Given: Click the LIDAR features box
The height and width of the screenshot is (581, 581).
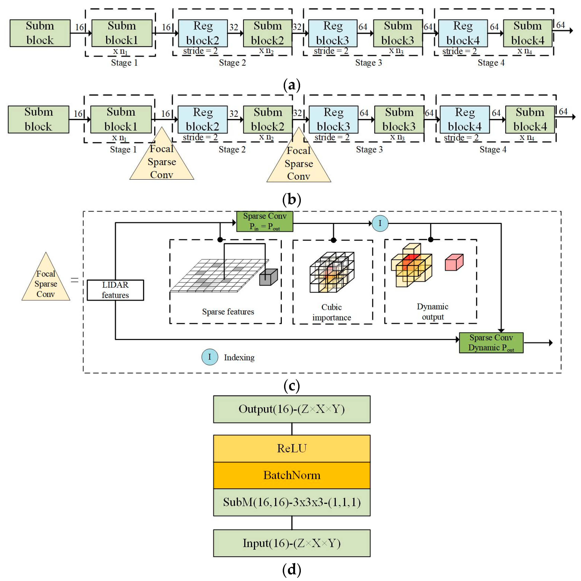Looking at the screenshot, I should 115,290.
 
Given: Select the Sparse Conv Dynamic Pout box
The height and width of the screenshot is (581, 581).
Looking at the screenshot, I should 491,343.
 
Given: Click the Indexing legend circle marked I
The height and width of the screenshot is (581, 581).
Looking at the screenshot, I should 210,357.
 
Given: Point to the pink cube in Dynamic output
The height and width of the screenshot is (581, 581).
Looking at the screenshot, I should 454,262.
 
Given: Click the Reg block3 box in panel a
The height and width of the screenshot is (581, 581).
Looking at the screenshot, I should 333,33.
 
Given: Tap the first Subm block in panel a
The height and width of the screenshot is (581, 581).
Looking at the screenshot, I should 40,33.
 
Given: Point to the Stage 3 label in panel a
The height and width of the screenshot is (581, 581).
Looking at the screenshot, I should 368,63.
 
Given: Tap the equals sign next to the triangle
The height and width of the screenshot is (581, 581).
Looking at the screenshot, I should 75,280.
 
